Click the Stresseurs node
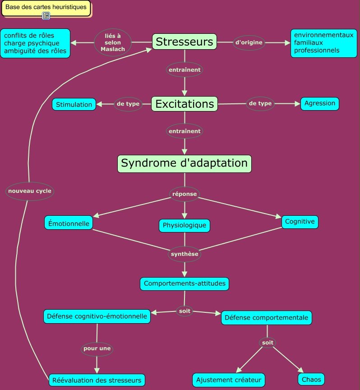point(185,42)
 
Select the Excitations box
point(185,104)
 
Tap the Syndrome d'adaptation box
point(185,163)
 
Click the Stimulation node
point(74,105)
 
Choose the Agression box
point(320,103)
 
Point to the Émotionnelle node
point(69,223)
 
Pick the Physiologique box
point(185,225)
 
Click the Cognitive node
point(300,222)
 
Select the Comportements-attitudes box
point(185,284)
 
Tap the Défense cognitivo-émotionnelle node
point(97,316)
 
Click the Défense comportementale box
point(266,318)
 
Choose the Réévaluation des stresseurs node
point(97,380)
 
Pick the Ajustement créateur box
point(229,380)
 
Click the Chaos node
point(311,379)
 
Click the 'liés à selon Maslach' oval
point(113,42)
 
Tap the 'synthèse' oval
point(185,254)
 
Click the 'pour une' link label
point(97,348)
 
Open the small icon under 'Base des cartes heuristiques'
point(46,16)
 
